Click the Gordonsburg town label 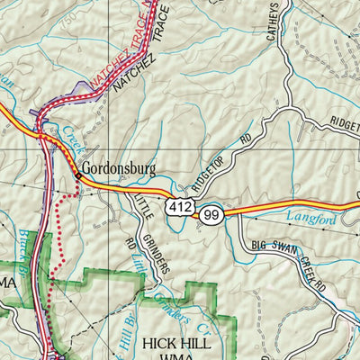point(119,167)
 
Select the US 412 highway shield point(177,209)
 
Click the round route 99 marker point(211,214)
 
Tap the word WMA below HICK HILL point(176,356)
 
